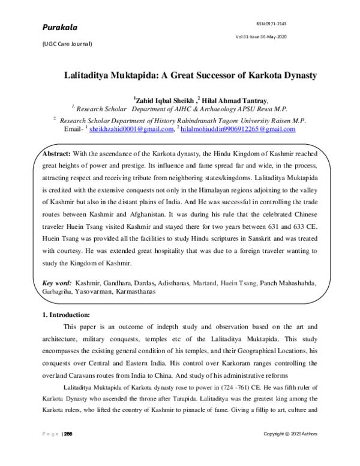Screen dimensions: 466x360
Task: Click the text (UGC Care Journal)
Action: [x=66, y=44]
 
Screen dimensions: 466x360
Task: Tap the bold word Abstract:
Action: [x=56, y=154]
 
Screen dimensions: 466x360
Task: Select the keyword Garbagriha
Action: [x=58, y=291]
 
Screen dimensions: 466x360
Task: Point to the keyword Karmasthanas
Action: [x=133, y=291]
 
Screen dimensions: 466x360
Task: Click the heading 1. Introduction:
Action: [x=65, y=315]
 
